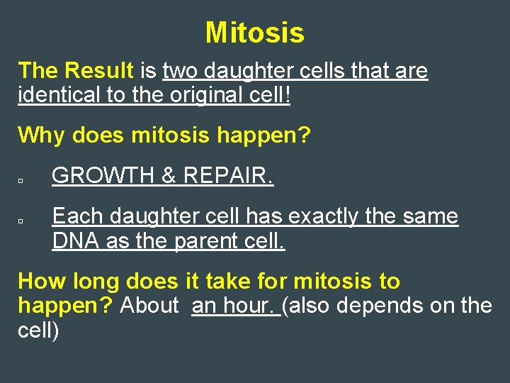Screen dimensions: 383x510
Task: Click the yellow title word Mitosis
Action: [x=255, y=33]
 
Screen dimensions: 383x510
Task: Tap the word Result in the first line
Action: [x=98, y=71]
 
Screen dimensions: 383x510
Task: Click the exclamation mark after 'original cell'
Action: [x=287, y=95]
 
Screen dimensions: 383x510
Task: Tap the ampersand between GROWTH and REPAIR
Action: [x=169, y=176]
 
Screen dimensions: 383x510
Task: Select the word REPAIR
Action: [x=228, y=176]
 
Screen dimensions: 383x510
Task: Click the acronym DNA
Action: [x=76, y=241]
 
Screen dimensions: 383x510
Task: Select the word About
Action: [x=149, y=306]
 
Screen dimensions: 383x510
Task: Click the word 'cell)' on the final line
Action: [x=38, y=330]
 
